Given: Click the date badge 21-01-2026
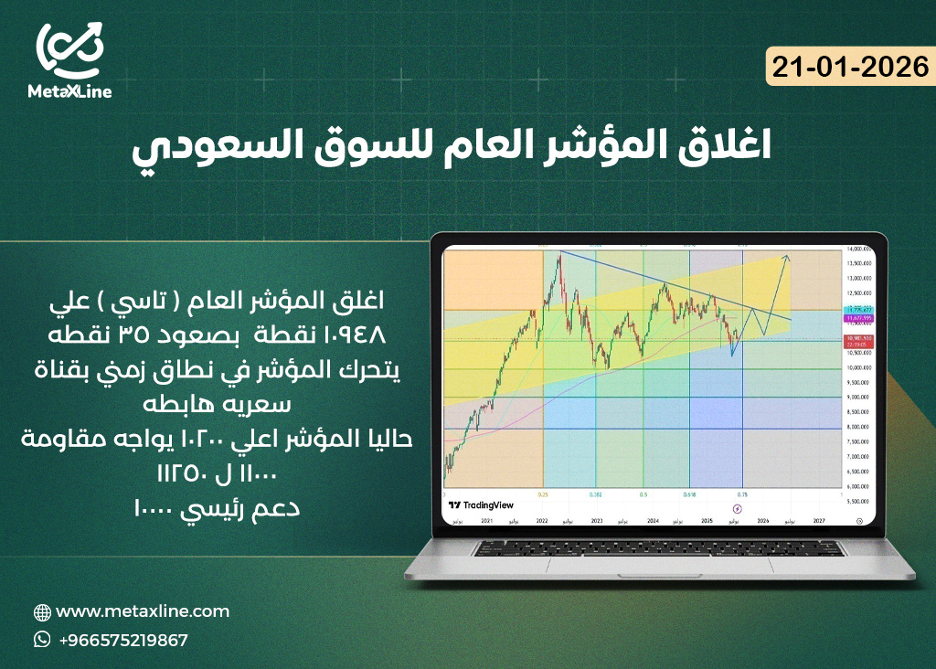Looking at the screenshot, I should click(x=850, y=67).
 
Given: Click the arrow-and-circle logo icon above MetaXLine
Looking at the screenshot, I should click(x=69, y=48).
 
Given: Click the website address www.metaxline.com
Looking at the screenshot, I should click(x=143, y=611).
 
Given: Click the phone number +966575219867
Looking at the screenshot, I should click(x=122, y=640).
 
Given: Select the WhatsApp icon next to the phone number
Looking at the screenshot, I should click(x=42, y=640).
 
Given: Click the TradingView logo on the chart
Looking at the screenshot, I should click(x=482, y=504).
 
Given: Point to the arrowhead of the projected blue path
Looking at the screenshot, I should click(x=787, y=258).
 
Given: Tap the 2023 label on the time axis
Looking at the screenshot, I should click(x=596, y=519).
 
